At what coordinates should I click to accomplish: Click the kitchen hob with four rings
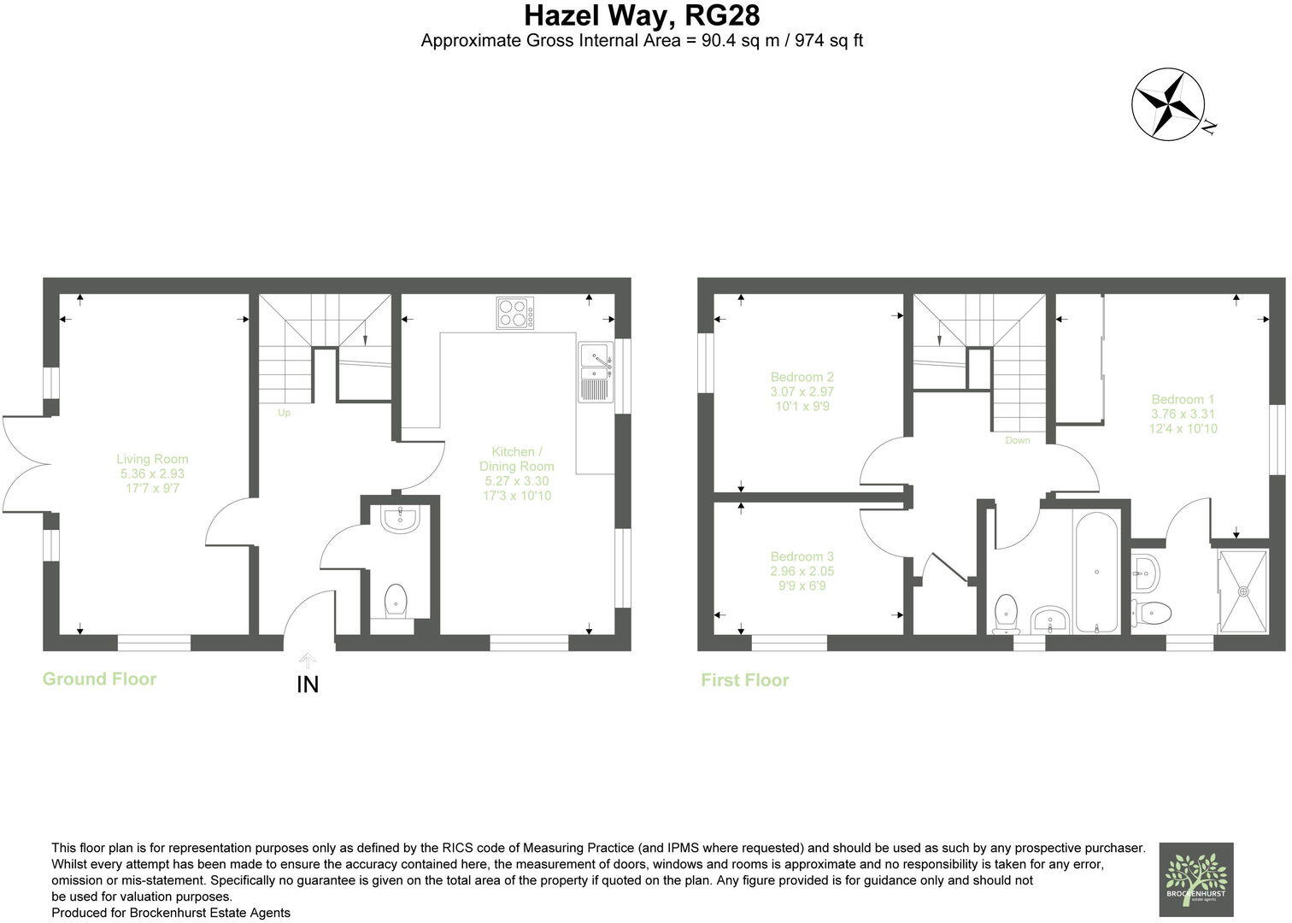[515, 313]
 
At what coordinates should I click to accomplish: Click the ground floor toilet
[396, 602]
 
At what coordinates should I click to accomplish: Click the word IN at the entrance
[307, 685]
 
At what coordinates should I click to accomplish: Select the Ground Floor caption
[99, 679]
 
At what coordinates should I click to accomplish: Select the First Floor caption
[744, 680]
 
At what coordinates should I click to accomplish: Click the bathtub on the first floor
[1096, 572]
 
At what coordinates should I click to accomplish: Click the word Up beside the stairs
[284, 413]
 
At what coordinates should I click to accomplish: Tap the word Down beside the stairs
[1017, 441]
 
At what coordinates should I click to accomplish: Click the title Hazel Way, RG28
[641, 15]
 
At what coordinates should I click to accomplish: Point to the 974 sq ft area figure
[829, 40]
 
